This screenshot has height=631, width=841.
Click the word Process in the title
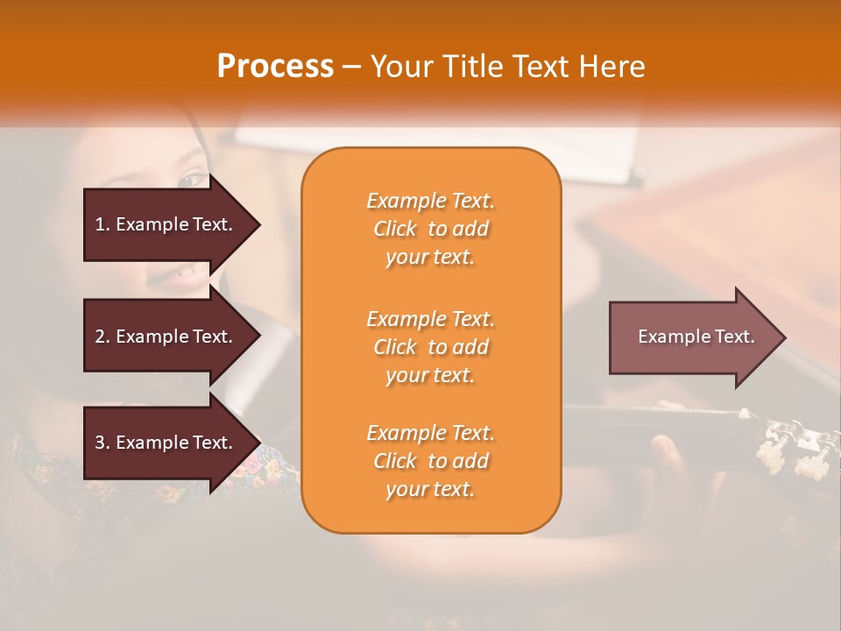[275, 67]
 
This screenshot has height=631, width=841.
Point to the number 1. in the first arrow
[102, 224]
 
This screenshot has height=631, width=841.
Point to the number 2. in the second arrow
[102, 337]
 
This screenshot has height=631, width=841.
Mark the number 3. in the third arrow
[102, 443]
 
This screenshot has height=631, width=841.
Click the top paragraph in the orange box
[430, 229]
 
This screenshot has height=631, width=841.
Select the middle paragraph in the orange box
[430, 347]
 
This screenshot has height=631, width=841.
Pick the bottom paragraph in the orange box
[430, 461]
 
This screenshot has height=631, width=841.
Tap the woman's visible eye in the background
[189, 181]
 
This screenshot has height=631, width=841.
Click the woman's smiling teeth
[185, 272]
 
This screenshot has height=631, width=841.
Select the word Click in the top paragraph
[395, 229]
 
